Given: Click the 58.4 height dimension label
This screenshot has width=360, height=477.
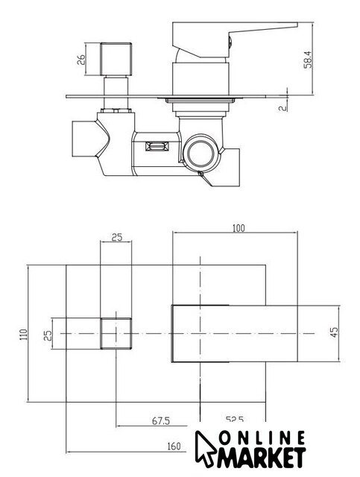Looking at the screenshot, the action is (308, 60).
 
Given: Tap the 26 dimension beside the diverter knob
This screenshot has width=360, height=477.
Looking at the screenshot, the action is (81, 60).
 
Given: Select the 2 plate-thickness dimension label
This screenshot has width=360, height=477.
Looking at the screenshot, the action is (283, 107).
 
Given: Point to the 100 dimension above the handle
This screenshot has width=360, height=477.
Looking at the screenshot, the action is (239, 228).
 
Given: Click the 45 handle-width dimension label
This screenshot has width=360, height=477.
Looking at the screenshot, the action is (334, 332).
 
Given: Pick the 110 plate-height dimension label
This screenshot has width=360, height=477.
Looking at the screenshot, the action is (24, 334).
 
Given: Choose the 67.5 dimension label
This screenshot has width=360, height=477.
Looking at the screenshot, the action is (161, 421).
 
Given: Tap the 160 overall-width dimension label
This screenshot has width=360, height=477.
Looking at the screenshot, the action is (174, 446).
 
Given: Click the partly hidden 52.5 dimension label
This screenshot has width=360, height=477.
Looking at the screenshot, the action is (234, 420).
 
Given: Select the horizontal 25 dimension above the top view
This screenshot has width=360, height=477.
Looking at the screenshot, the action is (116, 237).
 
